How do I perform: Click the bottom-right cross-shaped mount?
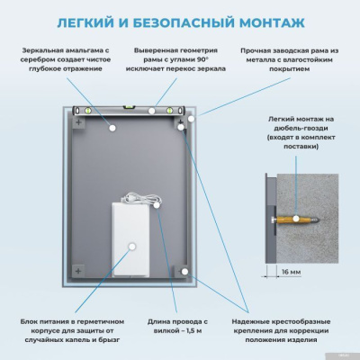(x=181, y=270)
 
